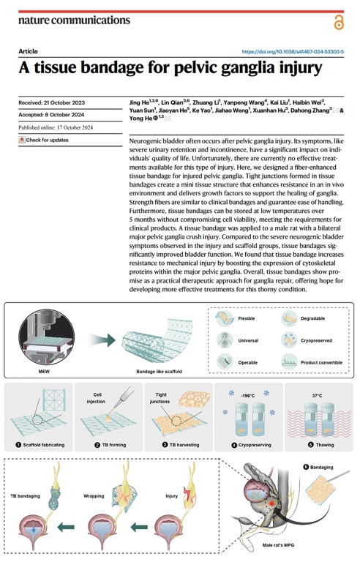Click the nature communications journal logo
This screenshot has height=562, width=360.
point(74,20)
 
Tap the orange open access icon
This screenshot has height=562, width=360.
point(339,23)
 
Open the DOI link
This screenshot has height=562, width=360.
point(293,52)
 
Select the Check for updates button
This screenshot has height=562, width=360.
point(44,140)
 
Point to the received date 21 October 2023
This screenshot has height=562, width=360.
point(64,102)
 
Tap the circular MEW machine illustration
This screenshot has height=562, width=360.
point(47,337)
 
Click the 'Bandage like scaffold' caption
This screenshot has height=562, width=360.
point(159,371)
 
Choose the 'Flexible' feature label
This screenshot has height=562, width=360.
point(247,318)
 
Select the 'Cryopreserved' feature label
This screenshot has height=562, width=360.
point(316,340)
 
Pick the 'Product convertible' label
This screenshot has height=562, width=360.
point(321,362)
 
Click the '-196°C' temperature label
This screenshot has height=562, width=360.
point(247,396)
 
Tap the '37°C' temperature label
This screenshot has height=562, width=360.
point(317,396)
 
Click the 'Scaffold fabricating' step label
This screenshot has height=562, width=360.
point(44,445)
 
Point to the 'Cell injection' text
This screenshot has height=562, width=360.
point(96,398)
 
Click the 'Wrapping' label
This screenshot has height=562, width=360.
point(94,496)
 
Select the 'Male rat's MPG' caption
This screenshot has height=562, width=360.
point(278,545)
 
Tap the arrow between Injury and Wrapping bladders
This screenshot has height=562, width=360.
point(139,527)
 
